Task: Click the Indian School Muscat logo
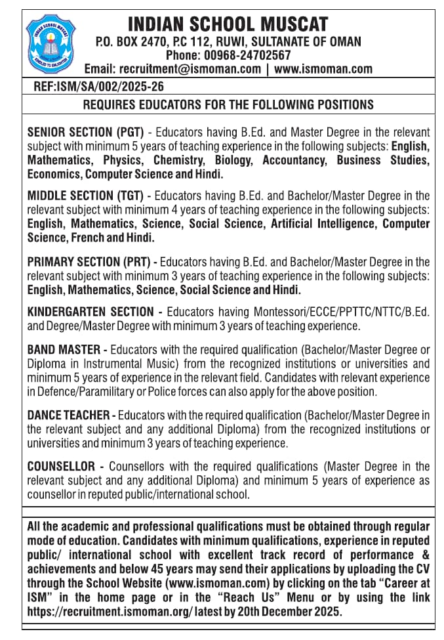pyautogui.click(x=50, y=43)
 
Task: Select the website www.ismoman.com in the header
pyautogui.click(x=323, y=68)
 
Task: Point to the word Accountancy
pyautogui.click(x=294, y=160)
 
